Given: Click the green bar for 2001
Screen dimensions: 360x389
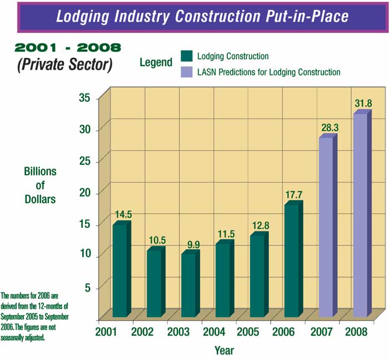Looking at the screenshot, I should [x=120, y=270].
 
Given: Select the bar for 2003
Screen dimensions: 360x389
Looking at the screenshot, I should [x=189, y=285].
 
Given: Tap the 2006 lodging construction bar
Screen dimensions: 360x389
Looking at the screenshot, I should [x=292, y=260].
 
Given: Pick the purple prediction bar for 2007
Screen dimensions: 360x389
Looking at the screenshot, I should [x=327, y=227].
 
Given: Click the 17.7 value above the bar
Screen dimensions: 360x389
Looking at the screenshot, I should [x=294, y=195].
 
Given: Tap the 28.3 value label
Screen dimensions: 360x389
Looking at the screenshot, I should [x=329, y=127].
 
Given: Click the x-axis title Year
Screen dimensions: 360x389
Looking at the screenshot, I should [x=224, y=351].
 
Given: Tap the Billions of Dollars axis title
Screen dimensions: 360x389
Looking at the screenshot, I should [x=40, y=185].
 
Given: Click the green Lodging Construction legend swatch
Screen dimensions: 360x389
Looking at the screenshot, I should [x=186, y=56].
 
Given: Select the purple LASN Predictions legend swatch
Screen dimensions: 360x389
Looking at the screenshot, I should [x=186, y=72].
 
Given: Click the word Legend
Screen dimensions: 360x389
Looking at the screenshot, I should [x=156, y=62].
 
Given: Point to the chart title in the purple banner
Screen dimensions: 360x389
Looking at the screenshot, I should [x=202, y=16].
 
